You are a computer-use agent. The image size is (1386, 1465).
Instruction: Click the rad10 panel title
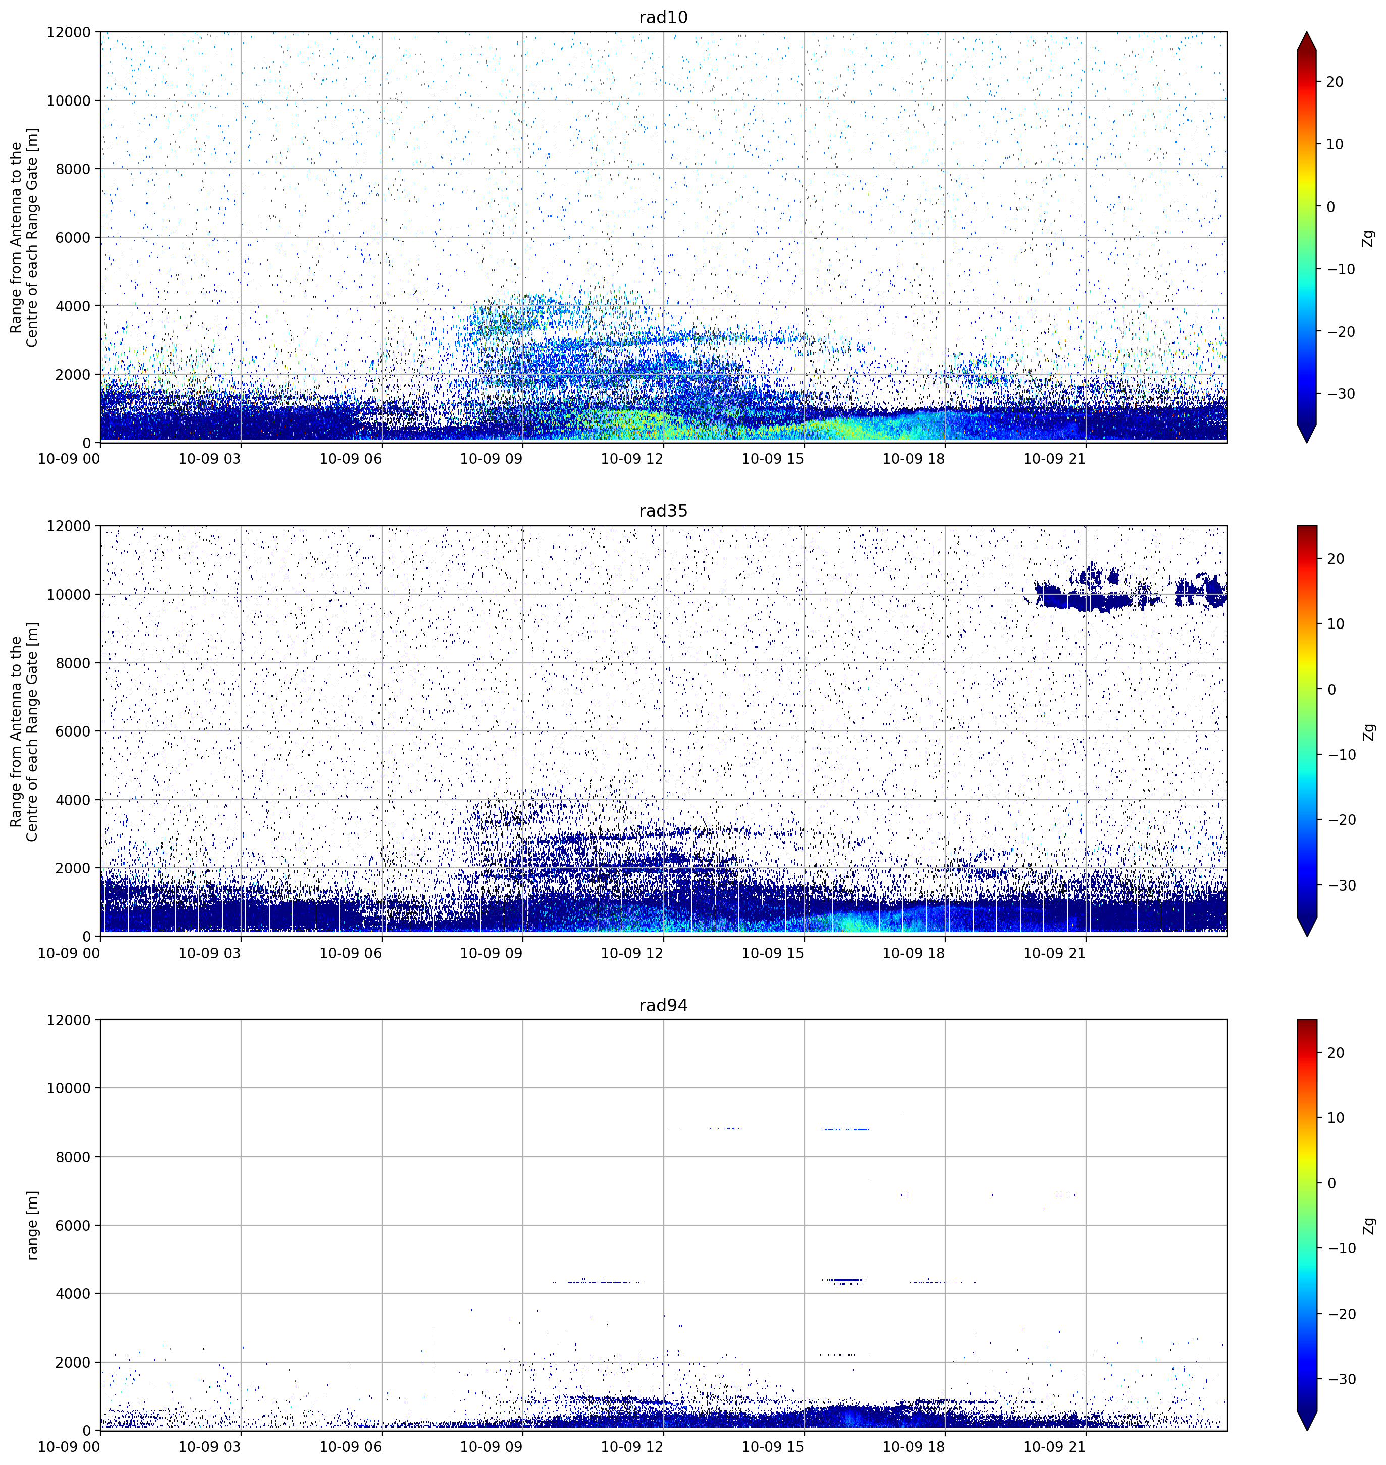point(663,17)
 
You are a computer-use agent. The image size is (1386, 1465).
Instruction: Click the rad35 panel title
point(663,511)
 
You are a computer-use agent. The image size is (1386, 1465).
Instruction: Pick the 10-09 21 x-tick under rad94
point(1054,1446)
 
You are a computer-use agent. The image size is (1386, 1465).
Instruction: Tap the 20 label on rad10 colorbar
point(1335,82)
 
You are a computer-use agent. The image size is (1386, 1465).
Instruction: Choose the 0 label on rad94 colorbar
point(1331,1183)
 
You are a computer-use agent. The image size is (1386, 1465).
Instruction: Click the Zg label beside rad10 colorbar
point(1369,238)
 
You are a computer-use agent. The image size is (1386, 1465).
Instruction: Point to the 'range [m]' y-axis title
point(32,1225)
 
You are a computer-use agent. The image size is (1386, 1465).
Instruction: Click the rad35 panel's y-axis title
point(24,731)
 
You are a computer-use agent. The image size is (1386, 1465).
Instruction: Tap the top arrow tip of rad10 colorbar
point(1306,32)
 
